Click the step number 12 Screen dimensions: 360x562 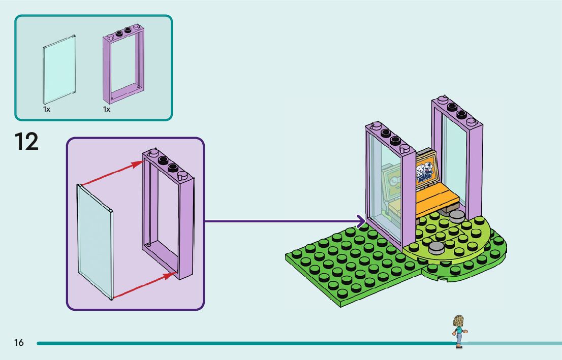(x=26, y=141)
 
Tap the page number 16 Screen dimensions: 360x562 (x=19, y=343)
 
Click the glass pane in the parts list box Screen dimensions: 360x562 (x=59, y=69)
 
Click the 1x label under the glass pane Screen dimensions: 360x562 (x=47, y=109)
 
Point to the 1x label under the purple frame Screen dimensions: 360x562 (x=107, y=109)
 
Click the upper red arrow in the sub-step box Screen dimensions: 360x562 (x=112, y=173)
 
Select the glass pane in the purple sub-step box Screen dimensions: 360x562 (x=95, y=241)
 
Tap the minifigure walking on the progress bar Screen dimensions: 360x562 (x=459, y=331)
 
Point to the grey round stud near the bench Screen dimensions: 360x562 (x=456, y=215)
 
